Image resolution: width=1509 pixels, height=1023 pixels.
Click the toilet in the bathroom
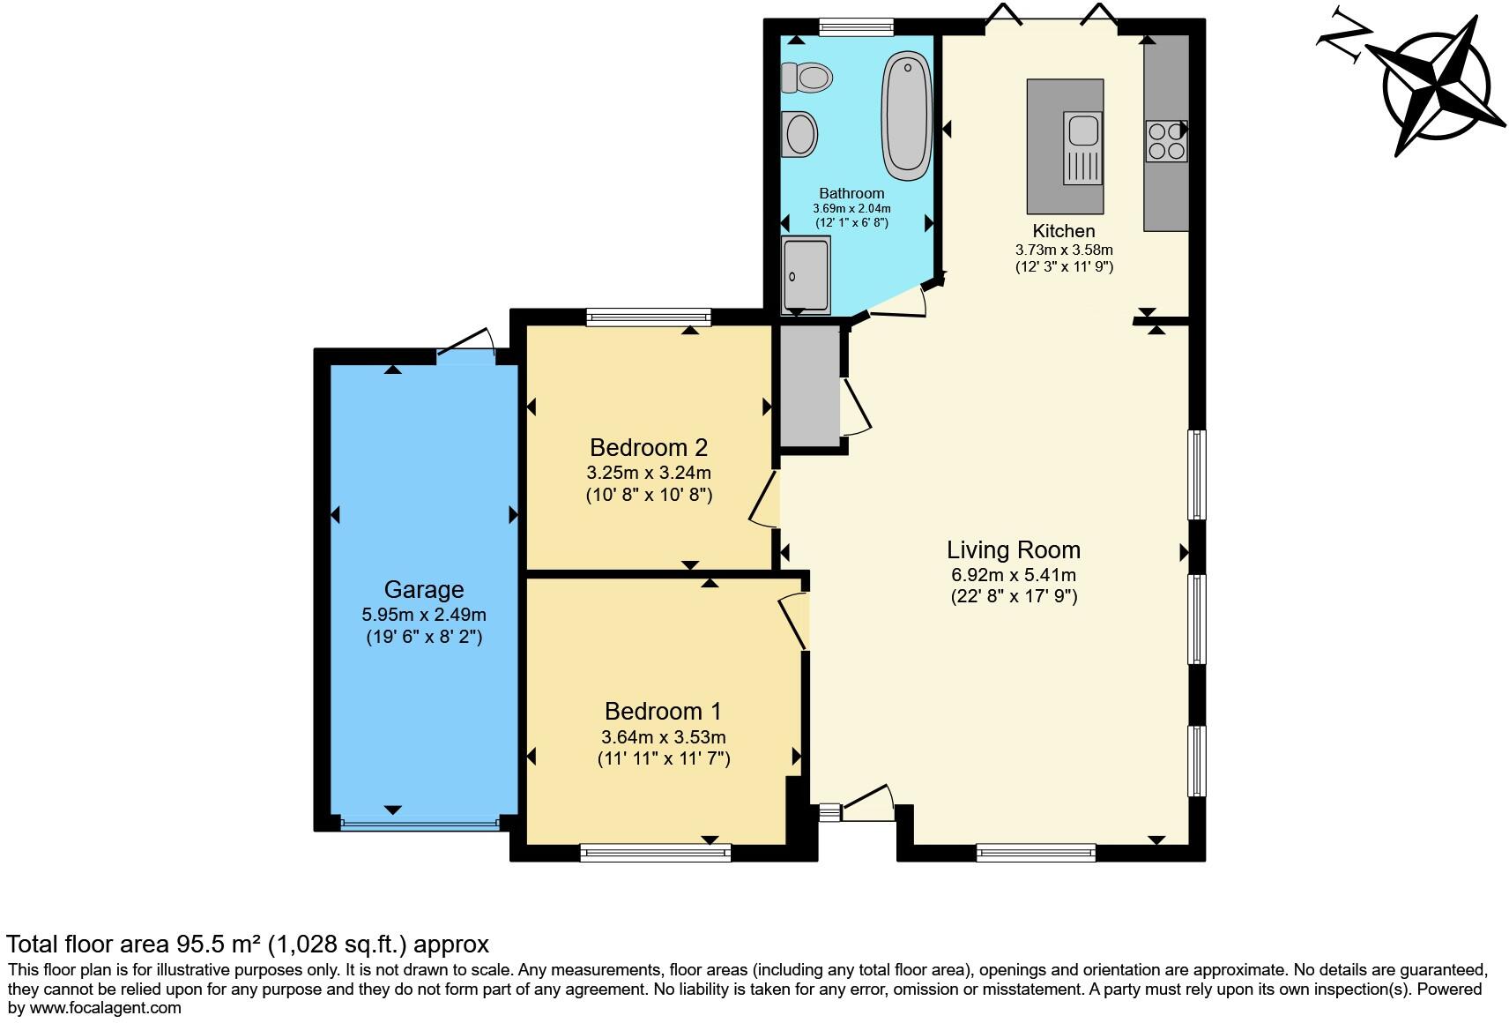pyautogui.click(x=807, y=78)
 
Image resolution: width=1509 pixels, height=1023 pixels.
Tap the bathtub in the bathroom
pyautogui.click(x=907, y=116)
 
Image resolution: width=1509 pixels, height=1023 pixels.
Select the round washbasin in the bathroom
pyautogui.click(x=799, y=134)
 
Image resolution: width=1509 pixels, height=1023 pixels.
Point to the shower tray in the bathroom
pyautogui.click(x=806, y=275)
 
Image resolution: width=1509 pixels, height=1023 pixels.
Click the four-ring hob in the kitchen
pyautogui.click(x=1167, y=141)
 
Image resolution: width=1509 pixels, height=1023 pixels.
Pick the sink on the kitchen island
pyautogui.click(x=1083, y=148)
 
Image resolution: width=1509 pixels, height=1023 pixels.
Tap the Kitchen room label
pyautogui.click(x=1064, y=231)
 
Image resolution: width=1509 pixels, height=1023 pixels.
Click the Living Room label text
pyautogui.click(x=1013, y=550)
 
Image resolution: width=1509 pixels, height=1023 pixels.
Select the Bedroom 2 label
pyautogui.click(x=649, y=447)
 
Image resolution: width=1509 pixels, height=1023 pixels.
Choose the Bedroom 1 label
pyautogui.click(x=663, y=711)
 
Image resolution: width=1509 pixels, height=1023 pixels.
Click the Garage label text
pyautogui.click(x=424, y=590)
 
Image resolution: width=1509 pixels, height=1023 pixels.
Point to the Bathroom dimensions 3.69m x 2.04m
pyautogui.click(x=851, y=209)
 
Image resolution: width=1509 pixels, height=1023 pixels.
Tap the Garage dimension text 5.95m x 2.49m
pyautogui.click(x=424, y=615)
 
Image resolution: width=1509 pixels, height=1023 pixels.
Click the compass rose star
pyautogui.click(x=1435, y=87)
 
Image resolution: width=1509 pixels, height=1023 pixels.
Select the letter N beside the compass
pyautogui.click(x=1344, y=36)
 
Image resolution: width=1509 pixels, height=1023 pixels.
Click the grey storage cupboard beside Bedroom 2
pyautogui.click(x=810, y=386)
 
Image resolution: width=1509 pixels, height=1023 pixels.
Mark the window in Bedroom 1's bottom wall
pyautogui.click(x=656, y=853)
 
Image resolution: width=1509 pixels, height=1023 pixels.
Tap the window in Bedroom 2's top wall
pyautogui.click(x=649, y=317)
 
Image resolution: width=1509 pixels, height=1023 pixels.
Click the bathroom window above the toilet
pyautogui.click(x=856, y=27)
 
